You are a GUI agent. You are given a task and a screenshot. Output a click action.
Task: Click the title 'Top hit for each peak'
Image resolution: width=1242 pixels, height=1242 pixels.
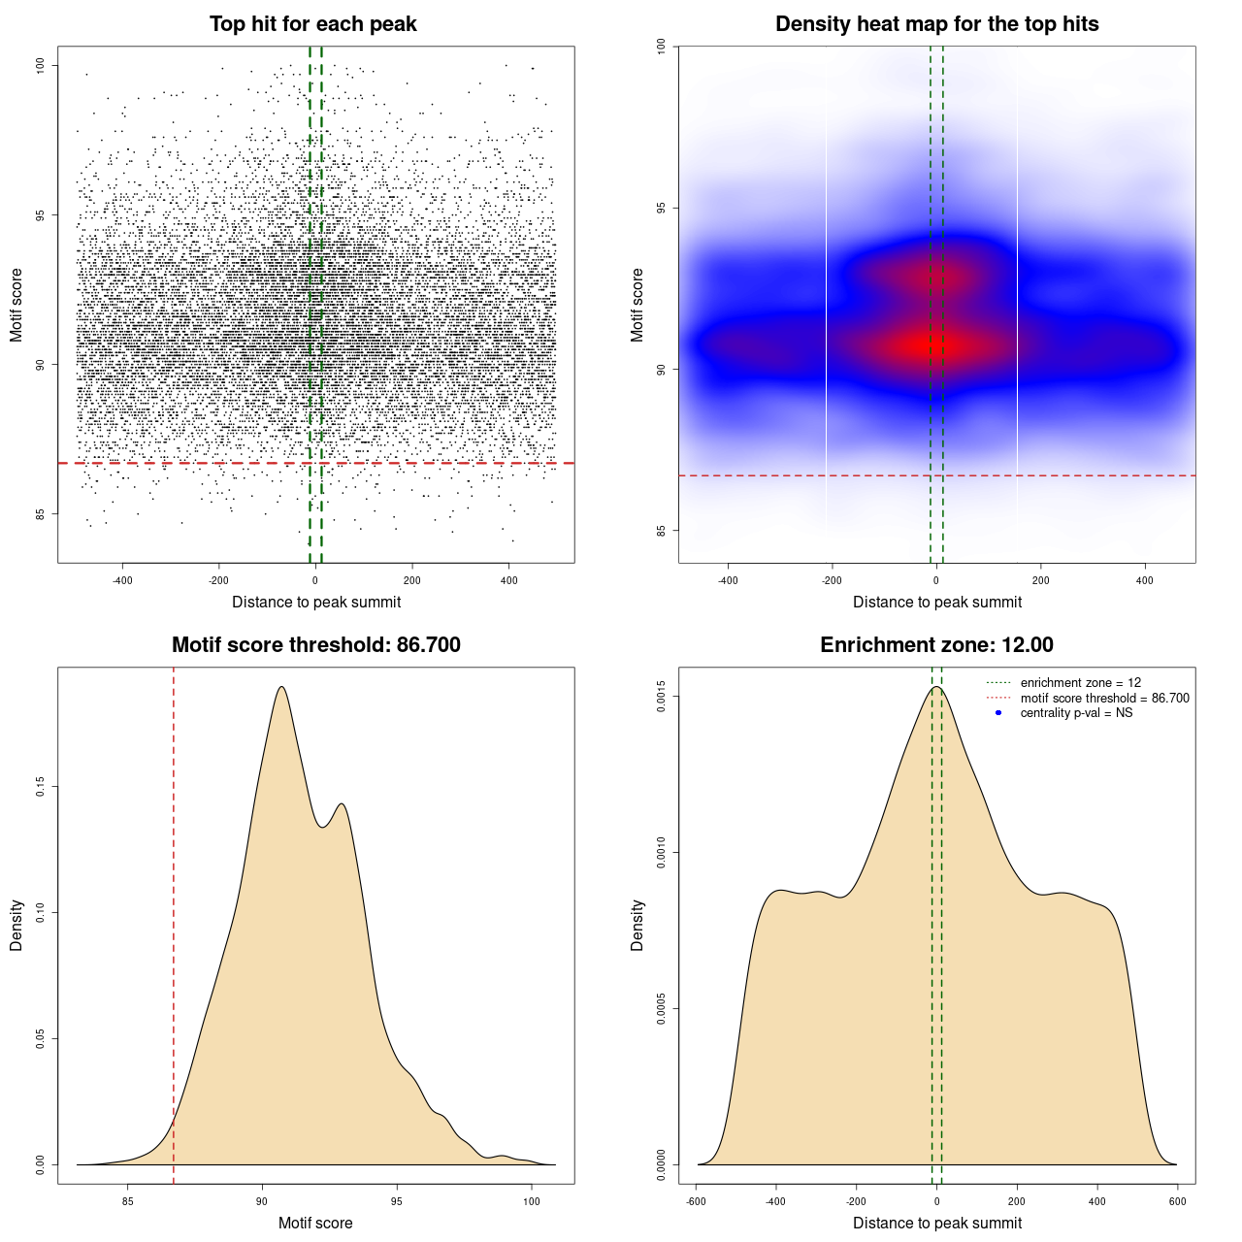tap(313, 24)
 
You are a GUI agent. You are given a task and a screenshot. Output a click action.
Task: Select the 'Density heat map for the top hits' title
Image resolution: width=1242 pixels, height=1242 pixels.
tap(936, 24)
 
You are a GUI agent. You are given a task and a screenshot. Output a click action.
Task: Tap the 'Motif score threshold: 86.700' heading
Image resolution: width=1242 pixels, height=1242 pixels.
tap(315, 645)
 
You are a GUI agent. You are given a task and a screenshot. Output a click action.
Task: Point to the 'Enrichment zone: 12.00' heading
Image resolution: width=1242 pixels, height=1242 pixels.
tap(936, 645)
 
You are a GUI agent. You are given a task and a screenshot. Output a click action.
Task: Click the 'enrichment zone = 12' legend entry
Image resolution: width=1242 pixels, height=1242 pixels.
tap(1080, 683)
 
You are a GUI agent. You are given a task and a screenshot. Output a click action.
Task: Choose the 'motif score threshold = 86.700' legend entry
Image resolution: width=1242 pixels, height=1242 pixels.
tap(1104, 699)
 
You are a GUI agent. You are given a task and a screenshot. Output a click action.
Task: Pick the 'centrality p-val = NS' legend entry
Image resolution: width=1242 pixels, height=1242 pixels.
tap(1076, 713)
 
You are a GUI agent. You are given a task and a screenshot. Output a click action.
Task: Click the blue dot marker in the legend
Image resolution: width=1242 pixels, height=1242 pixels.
tap(998, 713)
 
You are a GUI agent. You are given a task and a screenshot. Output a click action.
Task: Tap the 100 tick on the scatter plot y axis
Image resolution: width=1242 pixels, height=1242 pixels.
tap(41, 65)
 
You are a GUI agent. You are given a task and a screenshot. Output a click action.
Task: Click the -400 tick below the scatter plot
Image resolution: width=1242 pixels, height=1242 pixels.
tap(122, 580)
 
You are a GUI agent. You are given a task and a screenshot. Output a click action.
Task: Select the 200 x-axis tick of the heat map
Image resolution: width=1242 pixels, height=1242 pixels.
tap(1041, 580)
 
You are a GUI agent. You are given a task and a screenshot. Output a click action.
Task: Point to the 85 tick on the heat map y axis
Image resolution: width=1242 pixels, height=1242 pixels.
tap(662, 531)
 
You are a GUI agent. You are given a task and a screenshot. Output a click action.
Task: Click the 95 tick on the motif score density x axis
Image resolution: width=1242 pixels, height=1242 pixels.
tap(397, 1201)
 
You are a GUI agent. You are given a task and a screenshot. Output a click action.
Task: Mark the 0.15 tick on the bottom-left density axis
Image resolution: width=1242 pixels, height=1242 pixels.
tap(41, 786)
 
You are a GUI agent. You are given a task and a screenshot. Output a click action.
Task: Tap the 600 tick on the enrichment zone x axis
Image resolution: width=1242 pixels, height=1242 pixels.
tap(1178, 1201)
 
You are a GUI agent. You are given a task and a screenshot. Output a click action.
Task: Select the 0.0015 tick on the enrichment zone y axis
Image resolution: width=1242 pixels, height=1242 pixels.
tap(662, 697)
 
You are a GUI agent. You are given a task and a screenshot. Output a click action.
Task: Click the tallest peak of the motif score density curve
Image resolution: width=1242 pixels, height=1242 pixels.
tap(281, 687)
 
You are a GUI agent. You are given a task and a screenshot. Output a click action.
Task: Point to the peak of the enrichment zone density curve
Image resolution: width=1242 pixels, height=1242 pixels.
tap(936, 687)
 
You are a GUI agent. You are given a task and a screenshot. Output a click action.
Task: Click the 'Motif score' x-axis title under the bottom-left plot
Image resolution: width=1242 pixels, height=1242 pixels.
tap(315, 1223)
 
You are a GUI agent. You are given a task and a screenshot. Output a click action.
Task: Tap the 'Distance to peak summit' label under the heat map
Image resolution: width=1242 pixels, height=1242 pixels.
tap(936, 602)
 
